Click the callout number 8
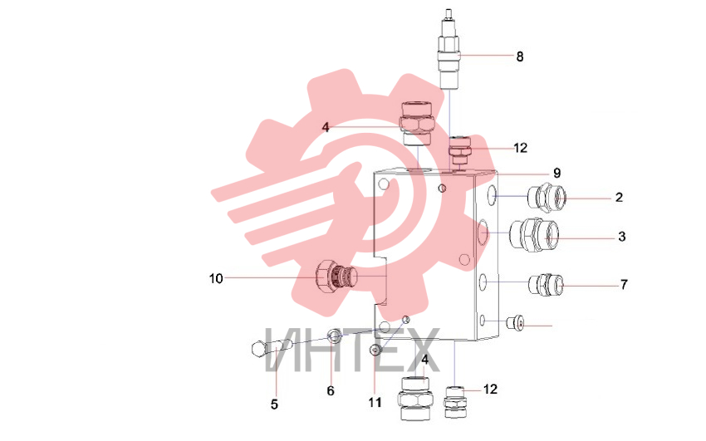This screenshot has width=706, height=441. click(x=520, y=56)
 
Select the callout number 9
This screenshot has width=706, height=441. click(x=557, y=174)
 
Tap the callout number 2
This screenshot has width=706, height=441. click(x=619, y=197)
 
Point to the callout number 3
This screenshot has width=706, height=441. click(x=622, y=236)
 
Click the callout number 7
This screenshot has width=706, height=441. click(x=624, y=284)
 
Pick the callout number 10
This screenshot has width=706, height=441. click(x=216, y=278)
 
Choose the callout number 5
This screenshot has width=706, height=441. click(x=274, y=404)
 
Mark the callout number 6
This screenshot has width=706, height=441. click(x=331, y=391)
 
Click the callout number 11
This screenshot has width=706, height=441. click(x=375, y=402)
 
